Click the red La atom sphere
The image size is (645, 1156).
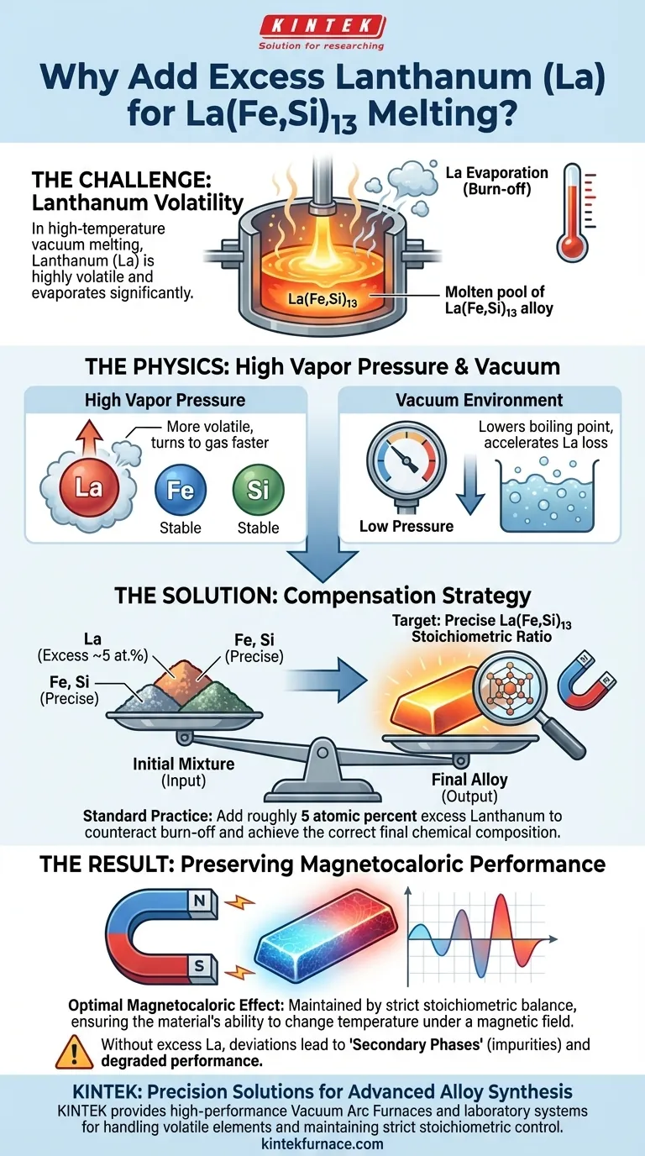[88, 486]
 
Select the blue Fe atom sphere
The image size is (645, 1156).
[181, 489]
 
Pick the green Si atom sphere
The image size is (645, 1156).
[257, 489]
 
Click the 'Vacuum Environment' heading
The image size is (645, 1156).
[480, 400]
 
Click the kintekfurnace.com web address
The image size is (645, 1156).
[322, 1143]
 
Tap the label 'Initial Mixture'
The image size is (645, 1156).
[184, 765]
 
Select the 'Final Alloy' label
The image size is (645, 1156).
[464, 780]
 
